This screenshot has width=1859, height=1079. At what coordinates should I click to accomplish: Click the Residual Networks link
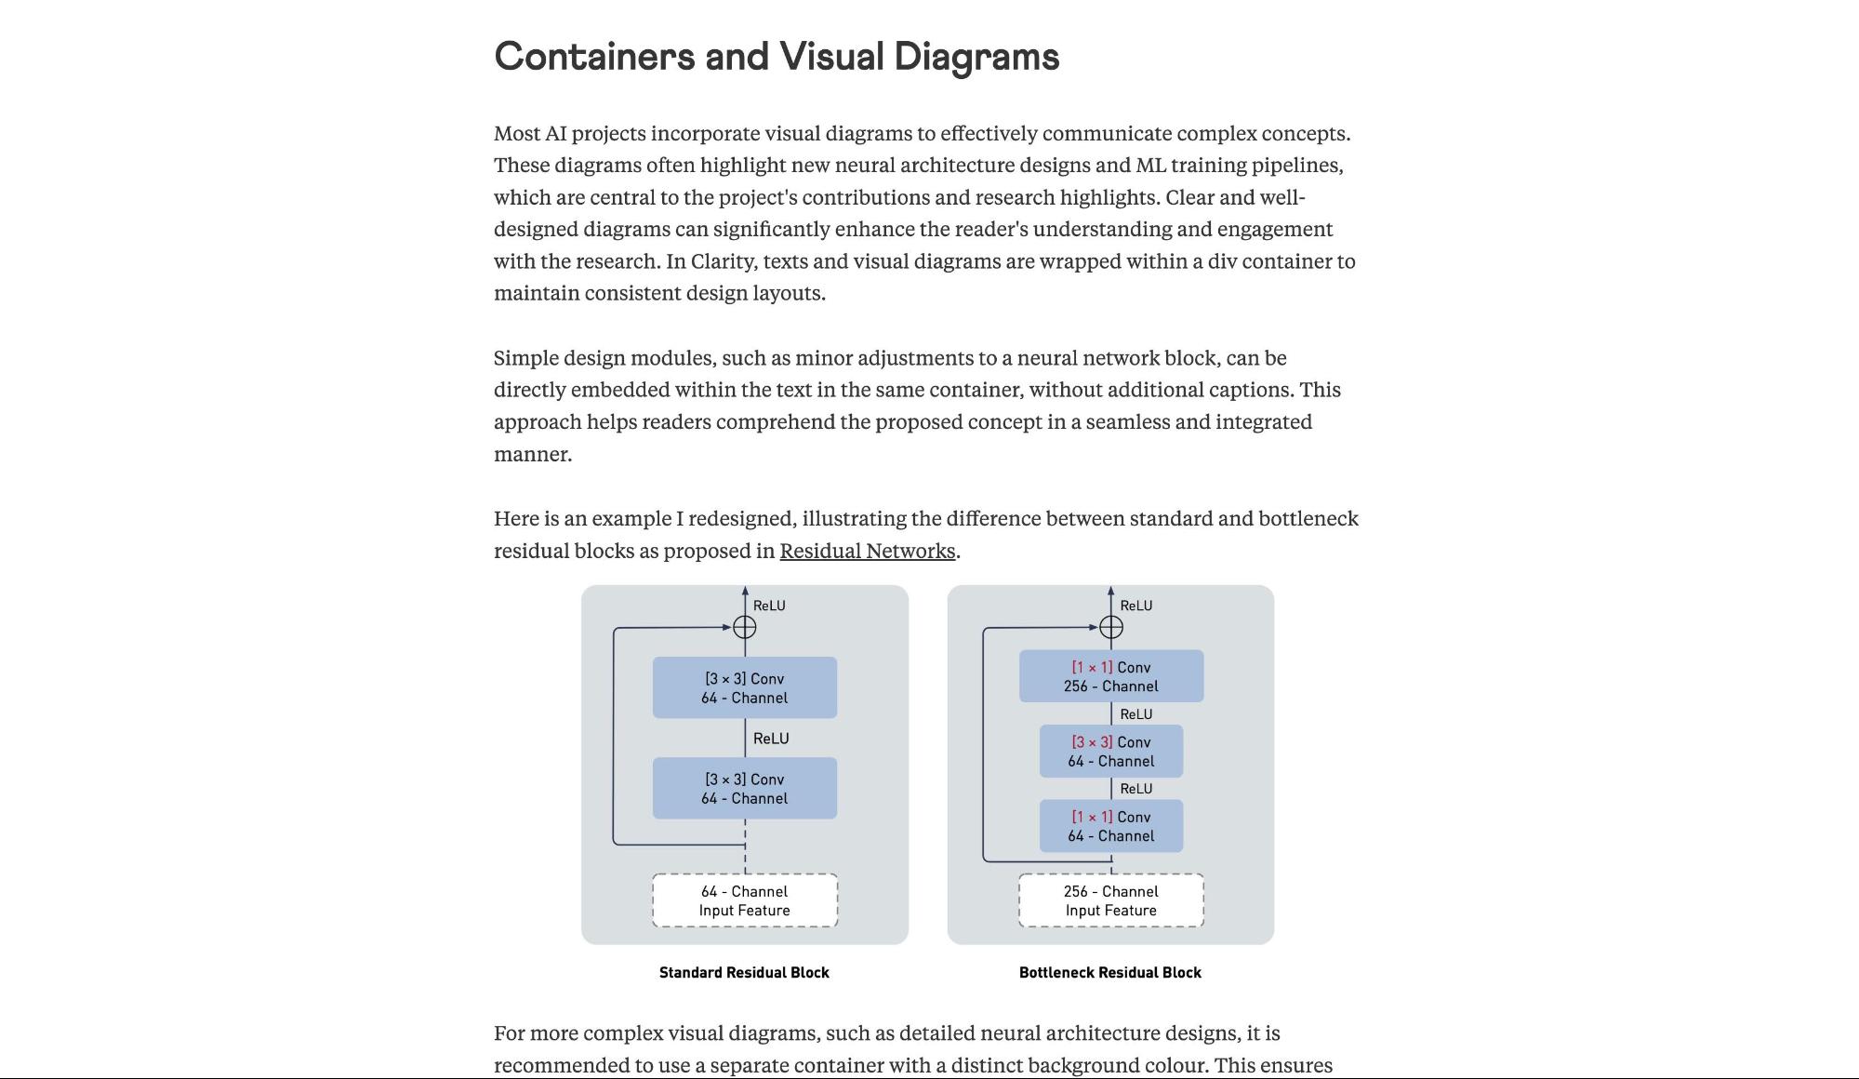[x=867, y=551]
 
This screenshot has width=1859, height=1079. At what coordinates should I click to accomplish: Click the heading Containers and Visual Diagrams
[x=777, y=57]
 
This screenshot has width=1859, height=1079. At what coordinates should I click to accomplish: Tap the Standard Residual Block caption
[x=744, y=973]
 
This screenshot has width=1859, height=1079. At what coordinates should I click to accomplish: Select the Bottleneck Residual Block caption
[x=1109, y=973]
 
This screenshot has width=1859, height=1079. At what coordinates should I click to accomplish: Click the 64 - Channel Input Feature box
[x=745, y=900]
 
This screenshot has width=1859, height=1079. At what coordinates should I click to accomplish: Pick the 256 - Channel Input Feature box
[x=1110, y=900]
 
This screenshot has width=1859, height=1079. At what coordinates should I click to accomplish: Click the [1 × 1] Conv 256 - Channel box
[x=1110, y=676]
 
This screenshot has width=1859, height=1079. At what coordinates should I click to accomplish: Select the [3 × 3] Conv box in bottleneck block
[x=1110, y=752]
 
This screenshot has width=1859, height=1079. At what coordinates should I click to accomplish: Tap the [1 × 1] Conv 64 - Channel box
[x=1110, y=826]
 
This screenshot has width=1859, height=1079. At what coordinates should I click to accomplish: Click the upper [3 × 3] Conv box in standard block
[x=744, y=688]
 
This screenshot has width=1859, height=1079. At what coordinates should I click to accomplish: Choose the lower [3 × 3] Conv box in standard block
[x=744, y=789]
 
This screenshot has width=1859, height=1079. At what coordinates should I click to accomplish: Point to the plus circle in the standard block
[x=745, y=627]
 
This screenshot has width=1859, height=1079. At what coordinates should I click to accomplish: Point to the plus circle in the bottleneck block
[x=1110, y=627]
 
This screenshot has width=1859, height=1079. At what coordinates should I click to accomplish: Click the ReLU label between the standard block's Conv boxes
[x=771, y=739]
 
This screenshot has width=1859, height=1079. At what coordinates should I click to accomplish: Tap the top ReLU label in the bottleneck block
[x=1135, y=606]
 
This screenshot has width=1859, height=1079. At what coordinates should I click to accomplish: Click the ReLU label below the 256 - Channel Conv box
[x=1135, y=714]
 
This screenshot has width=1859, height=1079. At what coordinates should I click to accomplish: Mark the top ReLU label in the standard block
[x=769, y=606]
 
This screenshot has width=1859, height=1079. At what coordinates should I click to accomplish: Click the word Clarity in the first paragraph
[x=721, y=261]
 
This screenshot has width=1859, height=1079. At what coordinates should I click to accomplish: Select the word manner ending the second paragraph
[x=532, y=455]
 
